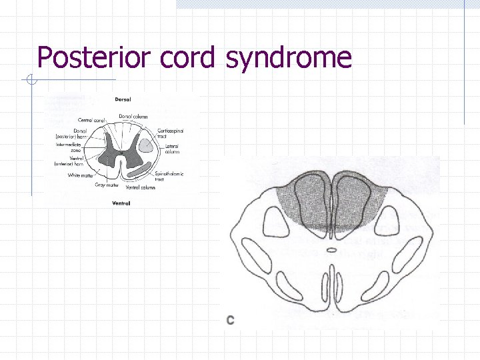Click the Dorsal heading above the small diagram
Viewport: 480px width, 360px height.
click(x=122, y=100)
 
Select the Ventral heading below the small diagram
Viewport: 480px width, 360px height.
click(x=121, y=203)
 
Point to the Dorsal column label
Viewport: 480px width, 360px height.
click(x=133, y=117)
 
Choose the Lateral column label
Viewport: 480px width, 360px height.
click(x=173, y=149)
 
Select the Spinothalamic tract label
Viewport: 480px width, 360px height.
click(x=169, y=176)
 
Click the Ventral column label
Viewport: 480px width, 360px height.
click(x=141, y=187)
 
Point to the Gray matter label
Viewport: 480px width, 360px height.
click(x=107, y=185)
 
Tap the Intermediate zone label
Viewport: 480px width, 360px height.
click(x=69, y=148)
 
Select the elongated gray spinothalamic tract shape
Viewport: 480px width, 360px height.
click(x=142, y=170)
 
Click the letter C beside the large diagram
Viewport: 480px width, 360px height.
click(x=230, y=320)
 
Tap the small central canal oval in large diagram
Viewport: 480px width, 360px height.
click(x=331, y=251)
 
